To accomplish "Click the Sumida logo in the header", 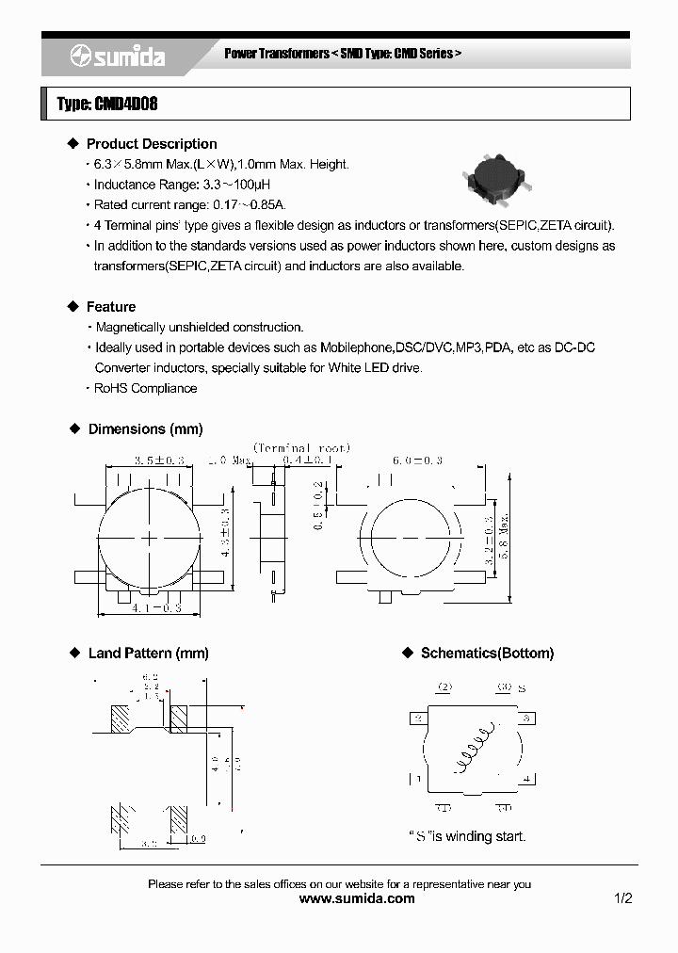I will (117, 57).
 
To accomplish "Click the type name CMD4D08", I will (107, 104).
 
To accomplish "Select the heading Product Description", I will (151, 144).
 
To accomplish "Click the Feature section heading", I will (110, 307).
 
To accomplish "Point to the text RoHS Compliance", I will (145, 388).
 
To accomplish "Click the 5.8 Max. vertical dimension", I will (506, 537).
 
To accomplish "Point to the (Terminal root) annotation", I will (301, 448).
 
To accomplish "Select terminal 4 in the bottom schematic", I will (526, 779).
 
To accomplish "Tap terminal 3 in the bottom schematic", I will (526, 719).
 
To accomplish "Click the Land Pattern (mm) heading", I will (148, 654).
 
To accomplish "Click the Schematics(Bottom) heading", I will (487, 654).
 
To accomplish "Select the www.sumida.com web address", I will (356, 898).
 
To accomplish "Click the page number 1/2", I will (622, 898).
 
